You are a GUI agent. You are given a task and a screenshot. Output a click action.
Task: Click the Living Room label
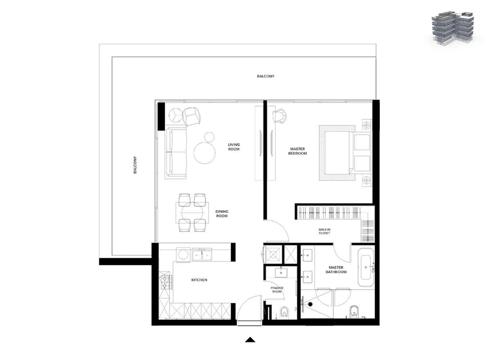tap(234, 147)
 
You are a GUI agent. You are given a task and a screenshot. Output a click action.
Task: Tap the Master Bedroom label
tap(297, 151)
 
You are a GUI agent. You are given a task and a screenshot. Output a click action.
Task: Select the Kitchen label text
tap(199, 280)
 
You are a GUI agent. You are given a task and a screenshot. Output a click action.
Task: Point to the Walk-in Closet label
tap(324, 231)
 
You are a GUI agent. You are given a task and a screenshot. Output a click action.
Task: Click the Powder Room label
tap(277, 289)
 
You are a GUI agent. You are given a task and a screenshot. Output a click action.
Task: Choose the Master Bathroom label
tap(336, 270)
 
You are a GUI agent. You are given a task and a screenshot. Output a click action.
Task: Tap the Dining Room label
tap(222, 213)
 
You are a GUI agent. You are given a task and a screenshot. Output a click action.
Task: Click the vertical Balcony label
tap(135, 165)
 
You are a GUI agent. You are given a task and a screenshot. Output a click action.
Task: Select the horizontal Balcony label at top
tap(266, 76)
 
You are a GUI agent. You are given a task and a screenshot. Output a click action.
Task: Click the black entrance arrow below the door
tap(250, 339)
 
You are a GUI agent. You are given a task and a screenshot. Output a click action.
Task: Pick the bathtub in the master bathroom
tap(366, 267)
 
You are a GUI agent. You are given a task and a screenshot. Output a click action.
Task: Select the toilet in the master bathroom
tap(354, 312)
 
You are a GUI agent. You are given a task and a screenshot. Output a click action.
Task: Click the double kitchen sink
tap(202, 254)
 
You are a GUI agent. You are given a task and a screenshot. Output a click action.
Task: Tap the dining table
tap(192, 213)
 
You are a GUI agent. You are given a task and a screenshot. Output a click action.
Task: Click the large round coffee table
tap(204, 153)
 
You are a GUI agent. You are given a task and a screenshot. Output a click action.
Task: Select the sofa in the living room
tap(176, 153)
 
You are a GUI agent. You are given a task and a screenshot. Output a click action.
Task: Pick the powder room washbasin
tap(281, 273)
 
